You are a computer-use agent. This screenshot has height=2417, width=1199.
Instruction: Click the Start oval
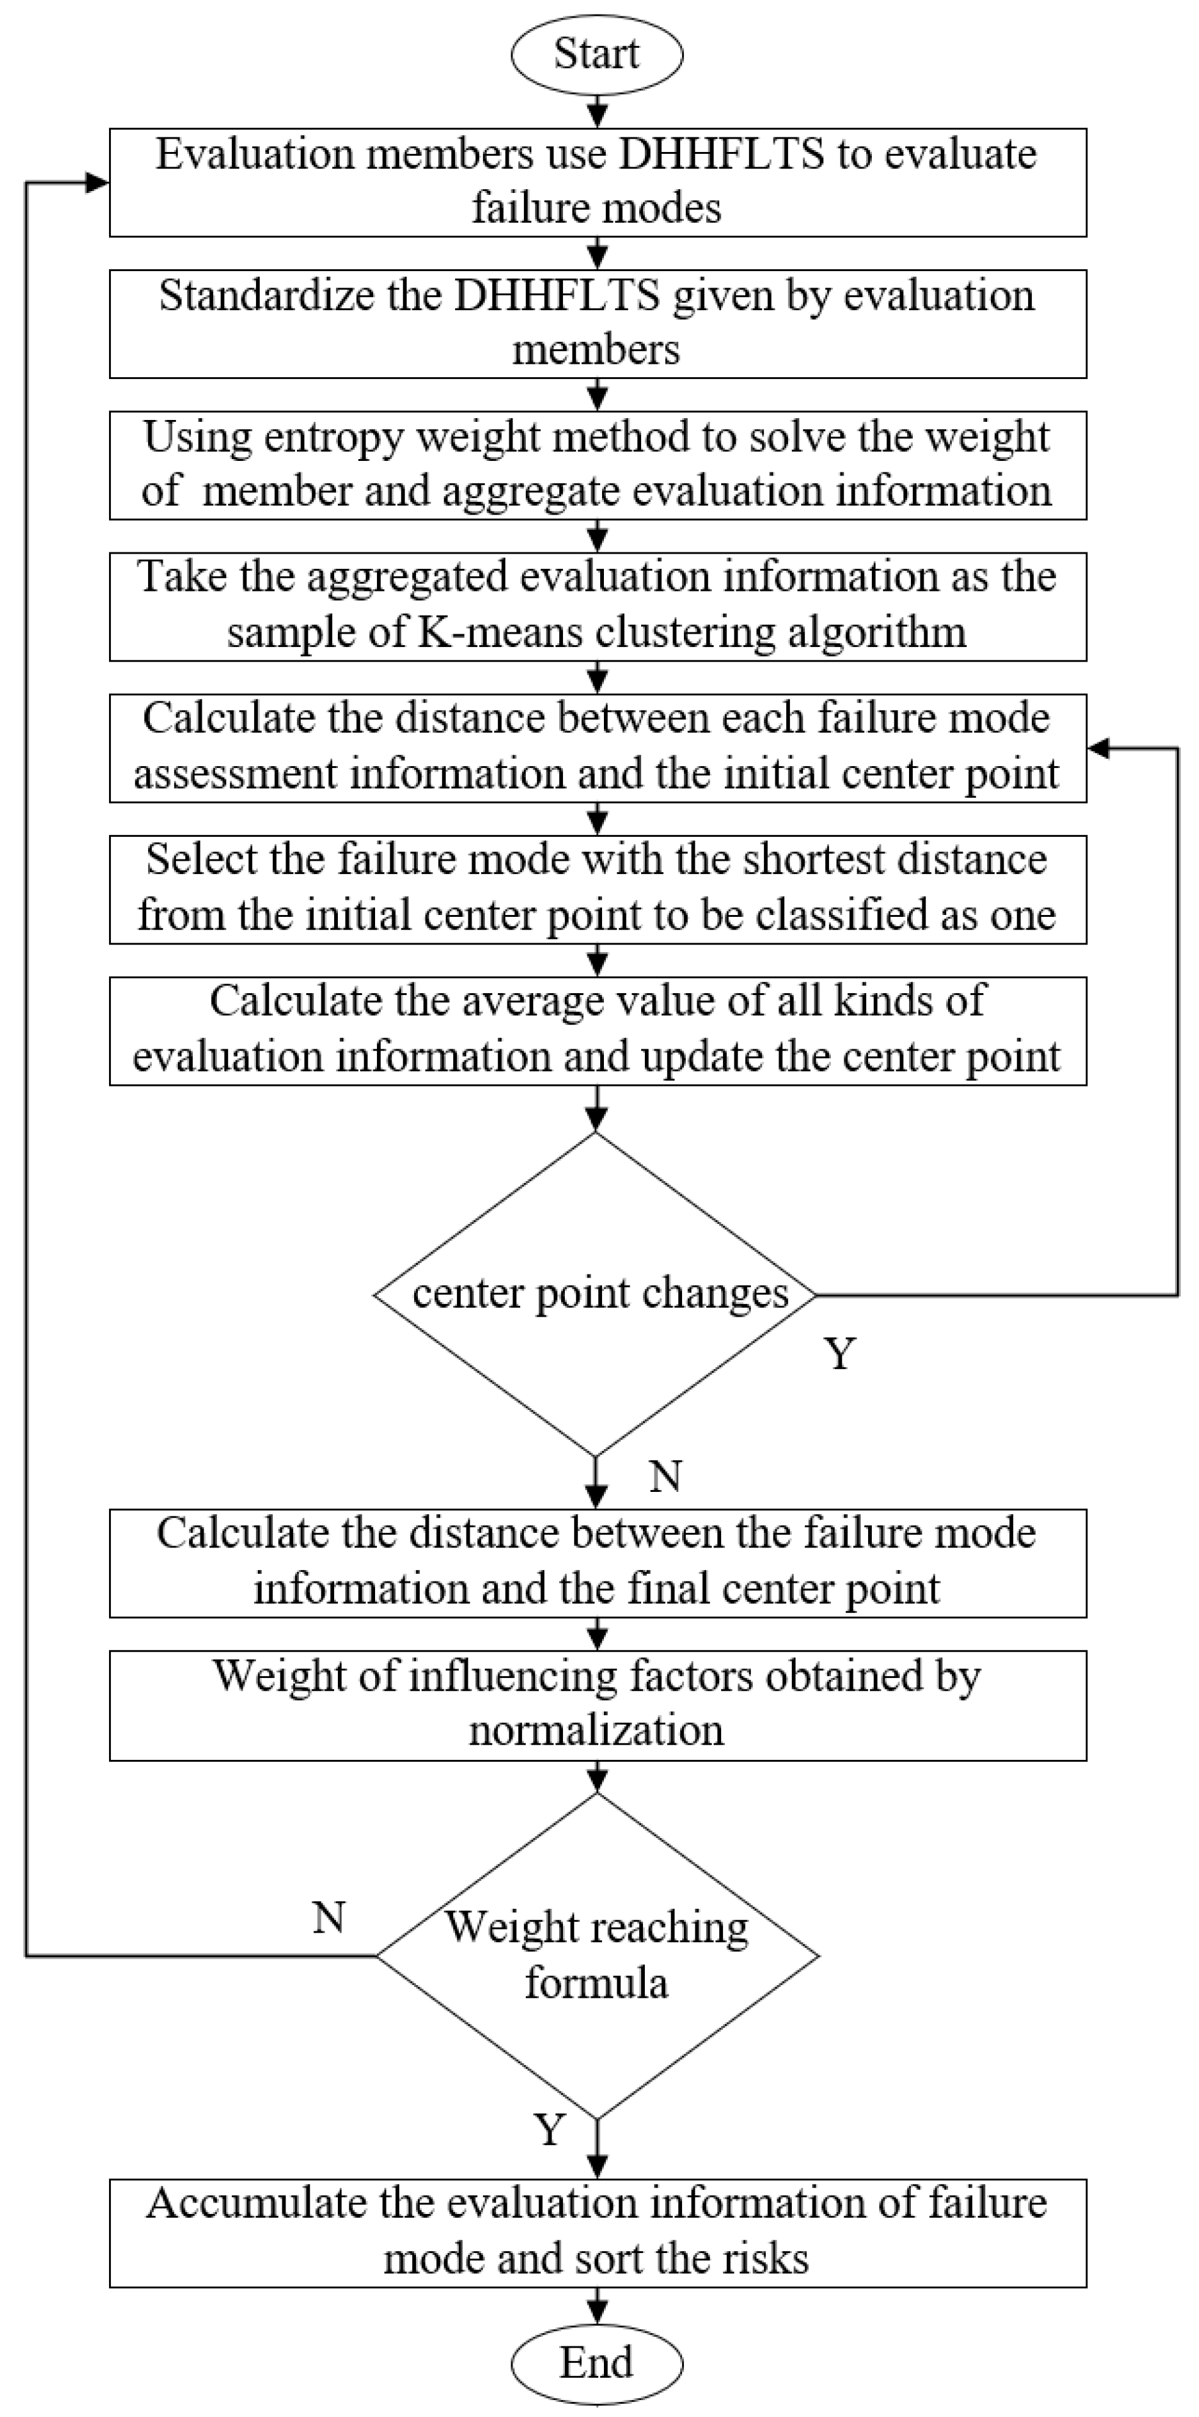597,54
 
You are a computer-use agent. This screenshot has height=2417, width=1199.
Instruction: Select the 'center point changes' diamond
597,1295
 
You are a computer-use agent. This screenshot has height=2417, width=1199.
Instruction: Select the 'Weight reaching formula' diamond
597,1955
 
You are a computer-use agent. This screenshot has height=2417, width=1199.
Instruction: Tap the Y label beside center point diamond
840,1354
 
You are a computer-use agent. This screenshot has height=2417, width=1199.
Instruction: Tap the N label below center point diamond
665,1477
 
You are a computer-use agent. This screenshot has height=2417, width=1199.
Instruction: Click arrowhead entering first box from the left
98,183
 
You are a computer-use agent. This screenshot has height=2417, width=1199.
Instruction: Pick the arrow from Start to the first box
597,111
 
